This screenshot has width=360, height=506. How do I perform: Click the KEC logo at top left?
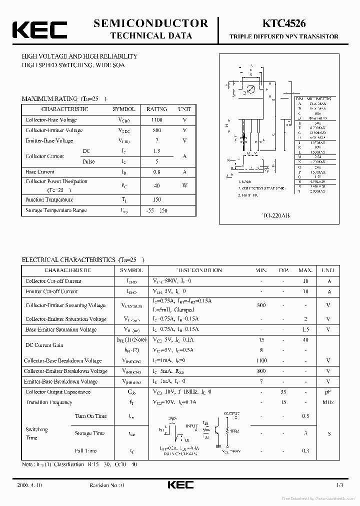(39, 29)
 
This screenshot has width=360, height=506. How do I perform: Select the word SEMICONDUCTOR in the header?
(151, 23)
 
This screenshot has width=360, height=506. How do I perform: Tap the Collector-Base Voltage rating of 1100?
(157, 120)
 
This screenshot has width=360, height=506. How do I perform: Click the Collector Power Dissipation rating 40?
(157, 185)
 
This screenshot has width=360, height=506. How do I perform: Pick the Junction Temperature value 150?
(157, 199)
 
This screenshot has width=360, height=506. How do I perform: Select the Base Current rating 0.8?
(157, 171)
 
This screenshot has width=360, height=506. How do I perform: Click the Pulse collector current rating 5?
(157, 161)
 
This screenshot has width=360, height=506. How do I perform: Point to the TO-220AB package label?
(276, 215)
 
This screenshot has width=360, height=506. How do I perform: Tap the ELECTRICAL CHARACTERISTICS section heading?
(70, 260)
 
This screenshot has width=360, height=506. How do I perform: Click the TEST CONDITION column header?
(199, 270)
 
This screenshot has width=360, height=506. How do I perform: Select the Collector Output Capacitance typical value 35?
(283, 392)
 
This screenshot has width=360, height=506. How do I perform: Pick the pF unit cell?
(328, 392)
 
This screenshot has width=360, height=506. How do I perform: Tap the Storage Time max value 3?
(305, 433)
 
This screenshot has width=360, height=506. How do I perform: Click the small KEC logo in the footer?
(179, 485)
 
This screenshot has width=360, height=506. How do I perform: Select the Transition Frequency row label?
(49, 402)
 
